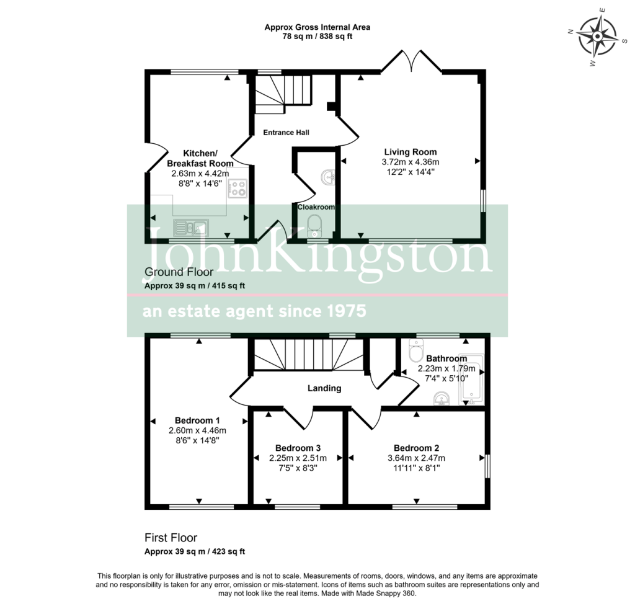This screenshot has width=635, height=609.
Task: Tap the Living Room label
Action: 410,152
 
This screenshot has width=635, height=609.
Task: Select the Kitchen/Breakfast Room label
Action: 200,158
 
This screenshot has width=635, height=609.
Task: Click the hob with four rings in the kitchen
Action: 238,189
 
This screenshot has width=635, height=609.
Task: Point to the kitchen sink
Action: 192,228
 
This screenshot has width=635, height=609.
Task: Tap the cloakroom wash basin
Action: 328,178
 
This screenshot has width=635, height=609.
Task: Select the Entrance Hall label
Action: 286,133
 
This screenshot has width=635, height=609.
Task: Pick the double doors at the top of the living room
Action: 407,60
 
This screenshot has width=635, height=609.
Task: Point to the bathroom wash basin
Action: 442,398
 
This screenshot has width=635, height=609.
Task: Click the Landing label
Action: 325,389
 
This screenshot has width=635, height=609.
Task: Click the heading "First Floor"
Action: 171,538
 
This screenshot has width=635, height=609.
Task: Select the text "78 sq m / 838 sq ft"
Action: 317,37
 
